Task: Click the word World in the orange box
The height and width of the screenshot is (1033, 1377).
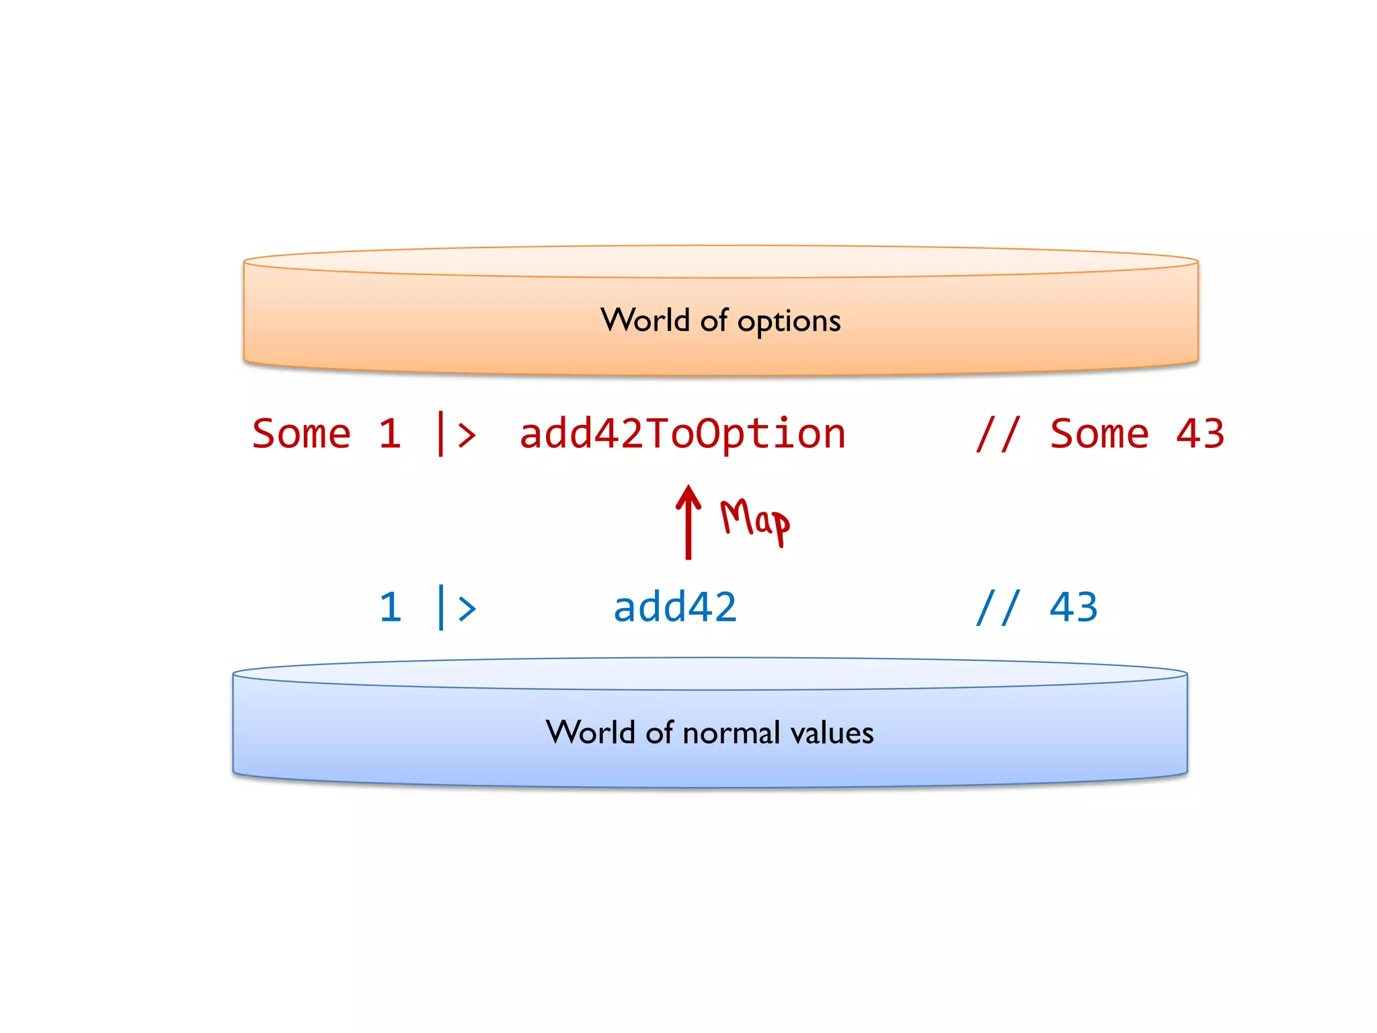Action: point(645,320)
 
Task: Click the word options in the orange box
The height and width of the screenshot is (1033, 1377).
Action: point(789,321)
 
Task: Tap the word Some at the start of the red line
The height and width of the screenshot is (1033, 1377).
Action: point(301,434)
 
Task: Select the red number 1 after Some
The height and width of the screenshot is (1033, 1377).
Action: point(390,434)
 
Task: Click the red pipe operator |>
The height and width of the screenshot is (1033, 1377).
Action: point(457,434)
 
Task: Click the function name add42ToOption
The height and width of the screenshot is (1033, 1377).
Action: point(682,434)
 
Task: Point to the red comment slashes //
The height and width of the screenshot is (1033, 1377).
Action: point(998,434)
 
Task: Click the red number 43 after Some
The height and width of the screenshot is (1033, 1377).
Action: point(1200,434)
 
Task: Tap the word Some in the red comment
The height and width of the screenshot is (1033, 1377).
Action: point(1099,434)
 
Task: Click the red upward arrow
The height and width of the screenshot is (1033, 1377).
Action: point(688,522)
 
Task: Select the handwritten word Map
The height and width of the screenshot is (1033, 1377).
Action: point(754,520)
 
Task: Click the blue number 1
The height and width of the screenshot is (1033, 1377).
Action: point(390,607)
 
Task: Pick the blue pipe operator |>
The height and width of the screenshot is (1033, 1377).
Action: point(457,607)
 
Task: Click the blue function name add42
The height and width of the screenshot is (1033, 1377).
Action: point(675,607)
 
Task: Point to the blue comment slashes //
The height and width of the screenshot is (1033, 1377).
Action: point(998,607)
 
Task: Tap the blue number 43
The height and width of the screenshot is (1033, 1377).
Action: point(1074,607)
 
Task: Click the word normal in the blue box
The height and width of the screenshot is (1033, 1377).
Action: point(731,732)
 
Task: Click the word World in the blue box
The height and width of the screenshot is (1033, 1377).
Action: point(590,732)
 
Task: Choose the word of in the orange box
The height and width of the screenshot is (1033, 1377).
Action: point(714,320)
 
